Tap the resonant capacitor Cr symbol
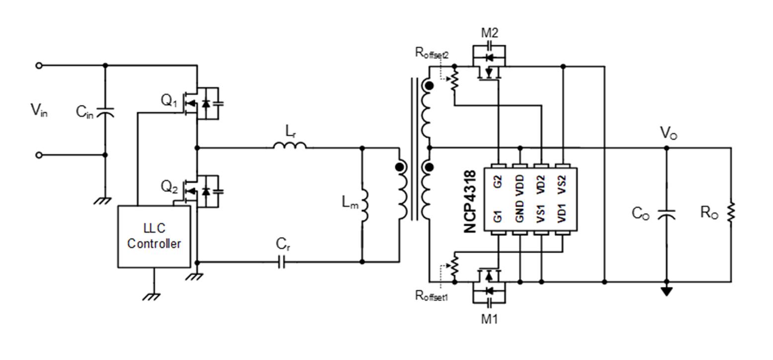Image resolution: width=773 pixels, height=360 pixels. (x=281, y=262)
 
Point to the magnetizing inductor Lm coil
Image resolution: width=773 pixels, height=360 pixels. (x=364, y=206)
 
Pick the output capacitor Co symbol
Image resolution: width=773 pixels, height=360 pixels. (x=666, y=214)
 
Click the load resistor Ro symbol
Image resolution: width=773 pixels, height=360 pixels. (x=731, y=212)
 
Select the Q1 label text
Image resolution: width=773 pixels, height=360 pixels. (x=169, y=100)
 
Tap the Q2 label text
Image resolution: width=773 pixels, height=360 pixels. (x=169, y=187)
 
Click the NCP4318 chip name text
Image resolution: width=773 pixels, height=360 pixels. (x=470, y=201)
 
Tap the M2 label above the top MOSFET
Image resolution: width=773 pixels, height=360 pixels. (x=489, y=33)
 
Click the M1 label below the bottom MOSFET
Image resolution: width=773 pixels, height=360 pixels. (x=489, y=319)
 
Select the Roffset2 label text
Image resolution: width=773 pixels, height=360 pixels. (x=431, y=53)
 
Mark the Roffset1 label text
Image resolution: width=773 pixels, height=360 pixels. (x=431, y=296)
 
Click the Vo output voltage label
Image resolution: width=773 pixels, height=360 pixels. (x=668, y=133)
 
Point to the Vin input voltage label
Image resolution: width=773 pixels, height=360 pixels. (x=39, y=110)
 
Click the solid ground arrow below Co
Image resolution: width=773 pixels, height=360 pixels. (x=666, y=291)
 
